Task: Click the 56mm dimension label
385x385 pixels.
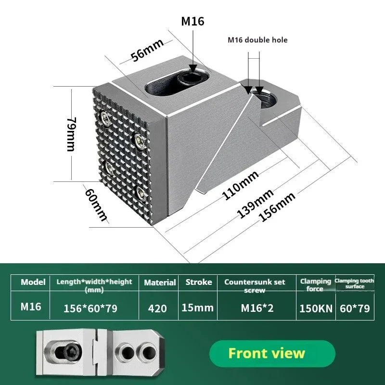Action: point(148,50)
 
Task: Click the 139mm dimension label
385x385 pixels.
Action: point(256,203)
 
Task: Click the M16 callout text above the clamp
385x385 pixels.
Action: point(192,21)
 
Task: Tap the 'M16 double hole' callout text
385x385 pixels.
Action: point(257,39)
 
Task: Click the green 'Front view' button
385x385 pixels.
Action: point(266,353)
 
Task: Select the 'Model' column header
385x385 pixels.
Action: point(33,282)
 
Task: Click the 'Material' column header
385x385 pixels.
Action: point(160,282)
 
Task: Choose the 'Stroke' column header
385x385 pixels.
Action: point(199,282)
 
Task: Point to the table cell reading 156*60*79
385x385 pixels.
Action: point(90,308)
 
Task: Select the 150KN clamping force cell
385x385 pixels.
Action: point(316,308)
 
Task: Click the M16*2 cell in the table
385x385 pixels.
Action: point(257,308)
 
